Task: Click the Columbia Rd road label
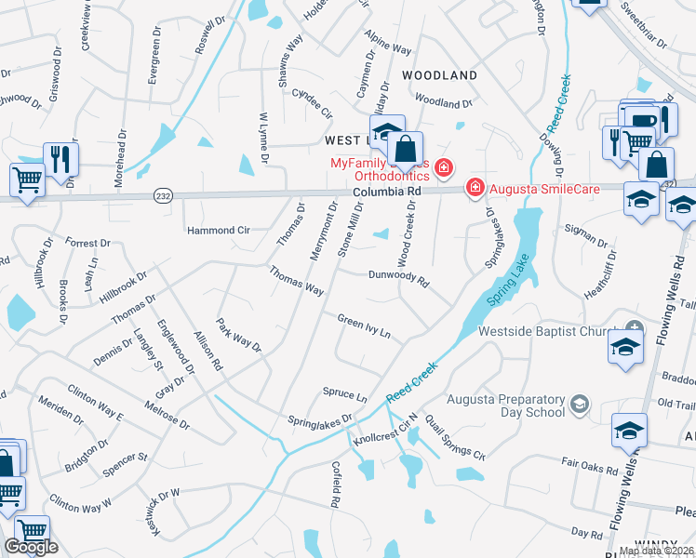pyautogui.click(x=387, y=191)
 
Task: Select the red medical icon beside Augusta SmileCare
pyautogui.click(x=475, y=188)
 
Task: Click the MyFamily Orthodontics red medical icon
pyautogui.click(x=445, y=167)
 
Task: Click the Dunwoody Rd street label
pyautogui.click(x=398, y=277)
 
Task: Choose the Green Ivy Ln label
pyautogui.click(x=363, y=325)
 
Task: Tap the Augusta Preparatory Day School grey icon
pyautogui.click(x=580, y=404)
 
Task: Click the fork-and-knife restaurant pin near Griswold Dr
pyautogui.click(x=60, y=158)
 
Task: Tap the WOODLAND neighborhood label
pyautogui.click(x=439, y=74)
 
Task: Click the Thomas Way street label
pyautogui.click(x=296, y=281)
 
